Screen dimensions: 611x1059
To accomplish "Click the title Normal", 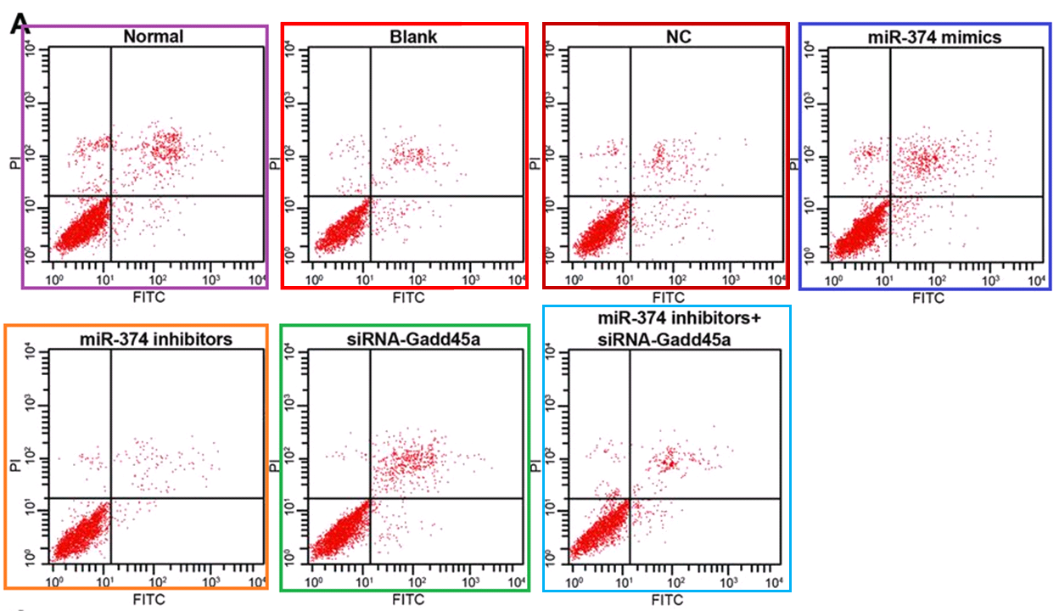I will (154, 36).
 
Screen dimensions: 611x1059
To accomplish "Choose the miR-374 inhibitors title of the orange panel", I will (154, 340).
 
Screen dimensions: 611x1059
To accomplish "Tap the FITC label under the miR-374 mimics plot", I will (928, 298).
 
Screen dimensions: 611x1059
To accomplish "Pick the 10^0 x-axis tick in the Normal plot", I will (55, 279).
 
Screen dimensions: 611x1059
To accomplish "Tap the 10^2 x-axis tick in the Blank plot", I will (417, 279).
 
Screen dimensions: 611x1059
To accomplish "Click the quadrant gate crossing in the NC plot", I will (630, 196).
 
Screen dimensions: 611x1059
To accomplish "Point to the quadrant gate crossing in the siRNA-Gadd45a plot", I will (370, 498).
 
